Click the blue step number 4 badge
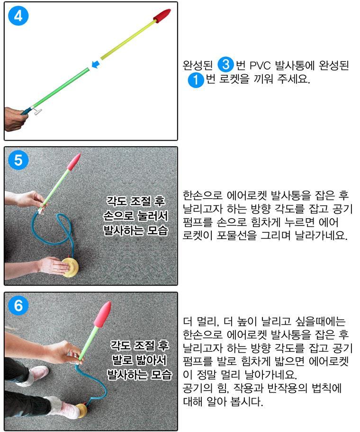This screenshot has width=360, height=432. pyautogui.click(x=18, y=16)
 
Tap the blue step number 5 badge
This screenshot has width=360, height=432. pyautogui.click(x=18, y=160)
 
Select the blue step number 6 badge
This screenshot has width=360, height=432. pyautogui.click(x=18, y=305)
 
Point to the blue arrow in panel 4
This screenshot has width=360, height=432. pyautogui.click(x=95, y=64)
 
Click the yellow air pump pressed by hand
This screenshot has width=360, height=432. pyautogui.click(x=70, y=267)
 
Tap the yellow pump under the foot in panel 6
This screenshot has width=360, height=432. pyautogui.click(x=82, y=411)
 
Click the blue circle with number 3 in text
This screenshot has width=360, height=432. pyautogui.click(x=225, y=65)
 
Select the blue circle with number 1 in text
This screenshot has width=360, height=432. pyautogui.click(x=196, y=79)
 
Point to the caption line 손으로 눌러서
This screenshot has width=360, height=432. pyautogui.click(x=135, y=216)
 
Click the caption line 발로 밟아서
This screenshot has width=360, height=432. pyautogui.click(x=139, y=360)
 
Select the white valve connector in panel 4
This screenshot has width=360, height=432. pyautogui.click(x=37, y=112)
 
